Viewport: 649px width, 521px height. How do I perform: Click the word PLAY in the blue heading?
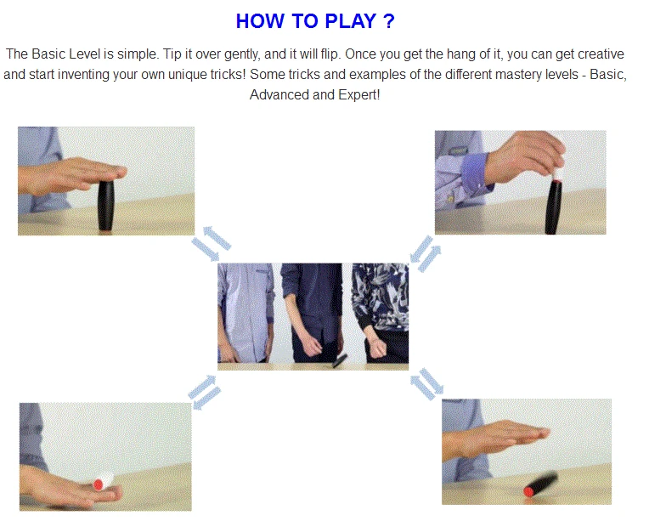(x=350, y=21)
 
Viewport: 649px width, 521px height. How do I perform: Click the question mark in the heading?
(x=389, y=21)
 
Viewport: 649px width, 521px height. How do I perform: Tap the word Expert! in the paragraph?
(x=358, y=95)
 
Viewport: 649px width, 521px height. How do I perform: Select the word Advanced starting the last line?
(x=279, y=95)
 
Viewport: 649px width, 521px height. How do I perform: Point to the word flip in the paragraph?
(x=330, y=54)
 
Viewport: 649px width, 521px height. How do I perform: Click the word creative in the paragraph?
(x=601, y=54)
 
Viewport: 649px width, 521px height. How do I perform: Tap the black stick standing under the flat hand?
(x=105, y=206)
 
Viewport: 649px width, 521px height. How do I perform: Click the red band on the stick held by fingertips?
(x=556, y=181)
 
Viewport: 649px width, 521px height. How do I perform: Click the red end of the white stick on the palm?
(x=99, y=484)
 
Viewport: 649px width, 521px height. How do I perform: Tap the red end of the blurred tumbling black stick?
(x=528, y=491)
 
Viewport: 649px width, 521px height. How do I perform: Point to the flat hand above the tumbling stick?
(x=497, y=439)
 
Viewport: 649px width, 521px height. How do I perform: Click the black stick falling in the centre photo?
(x=340, y=360)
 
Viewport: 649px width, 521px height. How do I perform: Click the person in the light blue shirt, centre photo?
(x=245, y=313)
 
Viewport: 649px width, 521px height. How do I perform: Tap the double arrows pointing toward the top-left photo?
(x=211, y=244)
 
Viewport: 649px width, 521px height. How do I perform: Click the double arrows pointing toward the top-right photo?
(x=426, y=254)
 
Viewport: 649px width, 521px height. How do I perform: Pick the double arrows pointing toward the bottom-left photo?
(x=205, y=392)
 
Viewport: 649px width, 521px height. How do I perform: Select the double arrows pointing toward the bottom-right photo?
(x=426, y=384)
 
